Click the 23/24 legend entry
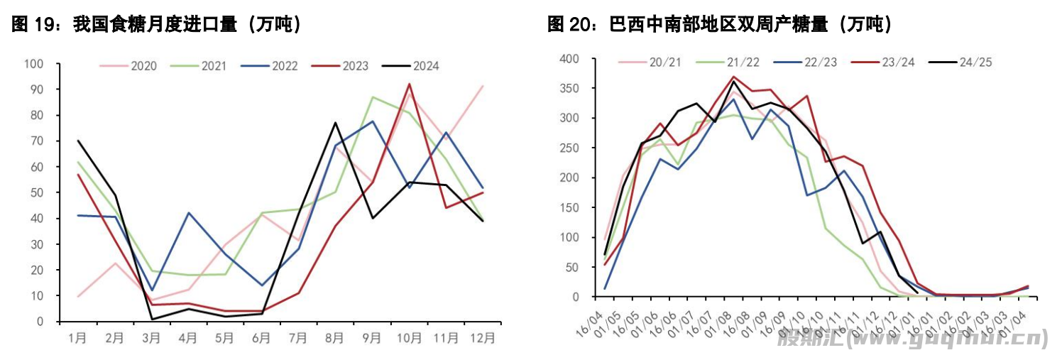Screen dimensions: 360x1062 pyautogui.click(x=898, y=62)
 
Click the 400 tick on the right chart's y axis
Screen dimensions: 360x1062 pyautogui.click(x=569, y=58)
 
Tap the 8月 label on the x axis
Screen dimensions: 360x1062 pyautogui.click(x=335, y=338)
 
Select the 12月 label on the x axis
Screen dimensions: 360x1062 pyautogui.click(x=483, y=338)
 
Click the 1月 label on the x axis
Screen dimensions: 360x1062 pyautogui.click(x=77, y=338)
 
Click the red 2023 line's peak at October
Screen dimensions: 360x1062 pyautogui.click(x=410, y=84)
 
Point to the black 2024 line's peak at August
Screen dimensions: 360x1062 pyautogui.click(x=335, y=123)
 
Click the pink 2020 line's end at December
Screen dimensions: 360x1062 pyautogui.click(x=483, y=86)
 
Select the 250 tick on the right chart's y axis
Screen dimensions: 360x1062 pyautogui.click(x=569, y=148)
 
